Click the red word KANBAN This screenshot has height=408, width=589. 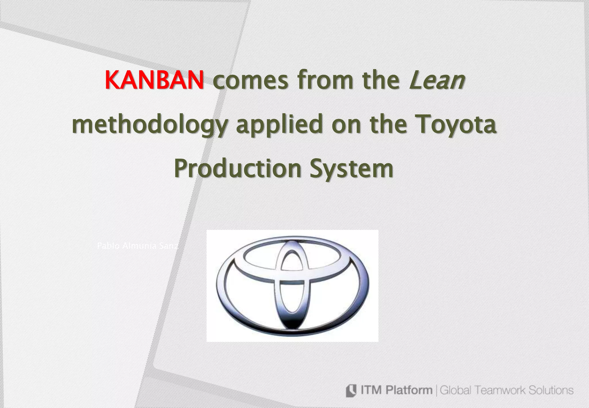[x=154, y=80]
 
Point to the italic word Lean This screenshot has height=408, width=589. [x=436, y=80]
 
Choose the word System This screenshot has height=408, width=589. [x=351, y=169]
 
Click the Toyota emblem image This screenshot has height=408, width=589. [x=292, y=285]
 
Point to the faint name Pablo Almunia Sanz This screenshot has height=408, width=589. [x=137, y=246]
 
